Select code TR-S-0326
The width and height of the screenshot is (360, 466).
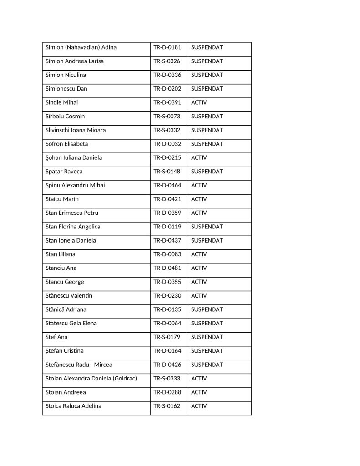point(167,61)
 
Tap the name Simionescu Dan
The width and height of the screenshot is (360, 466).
point(66,89)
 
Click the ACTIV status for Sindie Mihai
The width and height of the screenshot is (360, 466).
point(199,102)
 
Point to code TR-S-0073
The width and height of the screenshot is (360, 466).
point(167,116)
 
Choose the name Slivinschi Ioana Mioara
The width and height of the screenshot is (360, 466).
point(76,130)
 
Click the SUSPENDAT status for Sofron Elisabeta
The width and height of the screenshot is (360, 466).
point(207,144)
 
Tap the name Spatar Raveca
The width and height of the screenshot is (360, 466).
point(64,172)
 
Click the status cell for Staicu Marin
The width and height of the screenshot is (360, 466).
point(199,199)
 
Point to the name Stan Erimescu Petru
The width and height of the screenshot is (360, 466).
point(72,213)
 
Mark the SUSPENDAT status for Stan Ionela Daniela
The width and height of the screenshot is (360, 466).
point(207,240)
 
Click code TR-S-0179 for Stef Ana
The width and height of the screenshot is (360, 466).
point(167,337)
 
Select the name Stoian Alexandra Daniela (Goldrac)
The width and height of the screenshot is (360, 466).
point(91,379)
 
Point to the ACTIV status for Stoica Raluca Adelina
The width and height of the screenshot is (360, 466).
point(199,406)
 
